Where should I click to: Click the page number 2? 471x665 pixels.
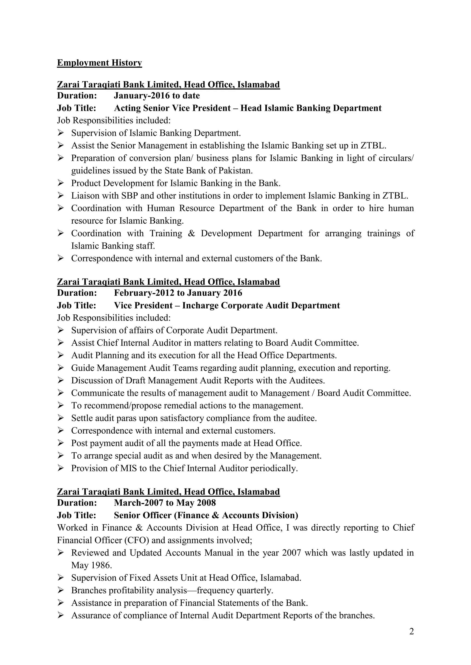pos(411,632)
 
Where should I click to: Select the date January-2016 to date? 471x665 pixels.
pos(157,96)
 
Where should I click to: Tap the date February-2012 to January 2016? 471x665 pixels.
pos(178,293)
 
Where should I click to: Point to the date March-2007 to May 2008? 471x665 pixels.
pos(165,503)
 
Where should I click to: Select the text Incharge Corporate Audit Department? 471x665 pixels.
pos(261,306)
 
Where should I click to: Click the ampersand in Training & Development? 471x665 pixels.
pos(191,233)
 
